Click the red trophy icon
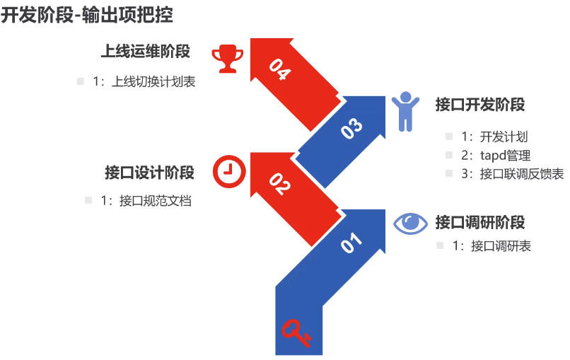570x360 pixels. click(x=228, y=58)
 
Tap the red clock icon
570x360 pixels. click(x=229, y=171)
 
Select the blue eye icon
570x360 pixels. click(x=410, y=223)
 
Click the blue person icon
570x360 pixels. click(x=405, y=111)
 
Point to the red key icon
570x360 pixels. click(x=296, y=332)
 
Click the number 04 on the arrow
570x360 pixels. click(x=280, y=69)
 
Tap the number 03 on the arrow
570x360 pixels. click(x=351, y=128)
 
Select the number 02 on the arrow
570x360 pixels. click(x=280, y=184)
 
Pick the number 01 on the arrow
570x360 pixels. click(x=351, y=243)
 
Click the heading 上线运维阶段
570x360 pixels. click(x=146, y=51)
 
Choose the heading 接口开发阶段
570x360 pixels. click(x=480, y=105)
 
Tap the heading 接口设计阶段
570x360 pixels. click(x=149, y=173)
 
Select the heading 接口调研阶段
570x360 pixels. click(x=480, y=222)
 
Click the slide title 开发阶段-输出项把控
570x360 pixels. click(x=87, y=16)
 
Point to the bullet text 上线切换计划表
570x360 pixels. click(x=153, y=81)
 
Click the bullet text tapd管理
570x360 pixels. click(x=506, y=156)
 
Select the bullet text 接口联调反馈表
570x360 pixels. click(x=522, y=174)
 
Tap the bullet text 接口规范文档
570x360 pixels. click(x=155, y=200)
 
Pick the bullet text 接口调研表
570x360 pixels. click(x=501, y=246)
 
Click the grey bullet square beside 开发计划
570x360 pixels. click(x=449, y=137)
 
